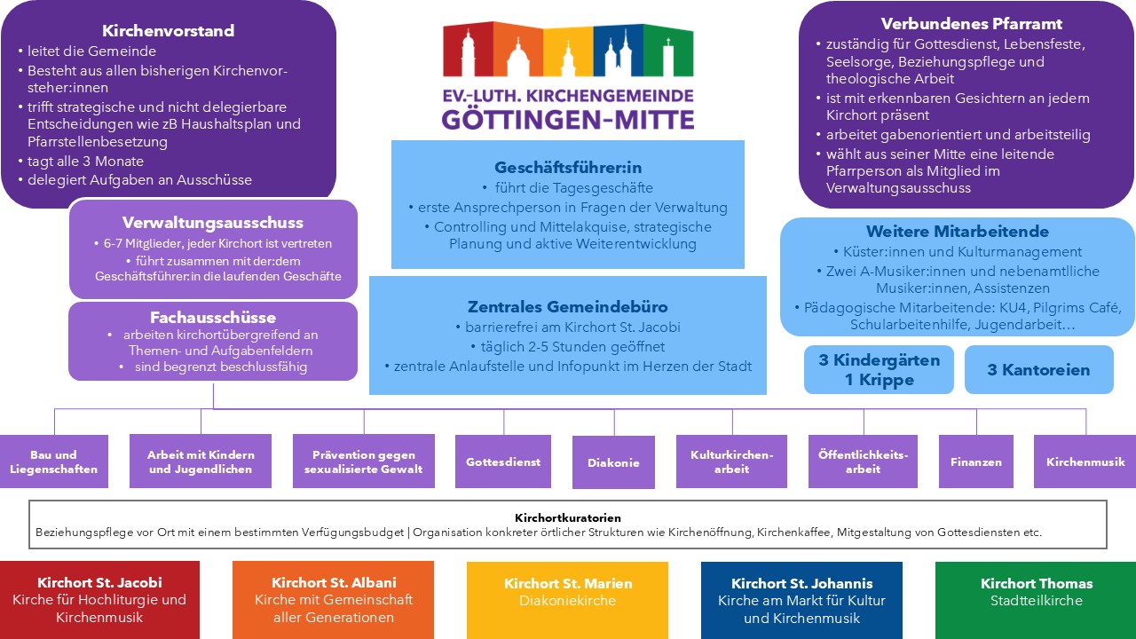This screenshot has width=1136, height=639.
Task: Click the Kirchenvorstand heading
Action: [169, 30]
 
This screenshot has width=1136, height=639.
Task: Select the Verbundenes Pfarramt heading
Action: [971, 24]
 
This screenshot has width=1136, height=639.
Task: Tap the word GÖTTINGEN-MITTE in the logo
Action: [568, 119]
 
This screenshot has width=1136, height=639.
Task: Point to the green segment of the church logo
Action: [668, 51]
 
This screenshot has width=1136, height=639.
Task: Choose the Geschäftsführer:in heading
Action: [568, 167]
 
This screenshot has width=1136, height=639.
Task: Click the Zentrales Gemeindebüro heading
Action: [567, 306]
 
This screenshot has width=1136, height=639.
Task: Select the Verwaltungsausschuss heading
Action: [213, 222]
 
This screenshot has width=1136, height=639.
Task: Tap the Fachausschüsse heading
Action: [213, 317]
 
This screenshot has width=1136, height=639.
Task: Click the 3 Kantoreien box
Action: [1039, 370]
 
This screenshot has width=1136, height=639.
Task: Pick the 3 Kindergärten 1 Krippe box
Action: [879, 370]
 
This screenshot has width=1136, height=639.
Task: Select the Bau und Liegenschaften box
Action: [54, 461]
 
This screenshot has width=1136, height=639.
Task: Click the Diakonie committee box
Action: [613, 462]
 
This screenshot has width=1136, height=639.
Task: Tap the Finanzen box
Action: [976, 461]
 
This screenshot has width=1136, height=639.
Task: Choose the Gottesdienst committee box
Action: [503, 461]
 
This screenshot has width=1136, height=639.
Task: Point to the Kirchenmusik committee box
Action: [1085, 461]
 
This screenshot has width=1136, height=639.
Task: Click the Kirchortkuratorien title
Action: [568, 517]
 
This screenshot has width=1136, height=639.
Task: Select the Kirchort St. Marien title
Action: [568, 583]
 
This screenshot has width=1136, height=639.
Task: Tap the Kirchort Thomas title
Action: [1037, 583]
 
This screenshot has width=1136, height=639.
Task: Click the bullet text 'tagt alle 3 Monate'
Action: [86, 162]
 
